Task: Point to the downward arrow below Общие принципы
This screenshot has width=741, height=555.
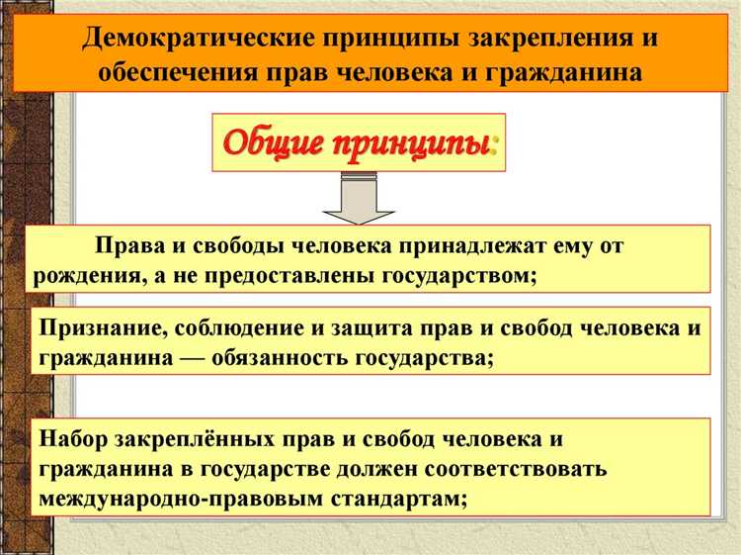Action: click(x=360, y=197)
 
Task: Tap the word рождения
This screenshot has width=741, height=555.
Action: click(x=85, y=274)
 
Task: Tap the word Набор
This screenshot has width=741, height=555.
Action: click(x=71, y=437)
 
